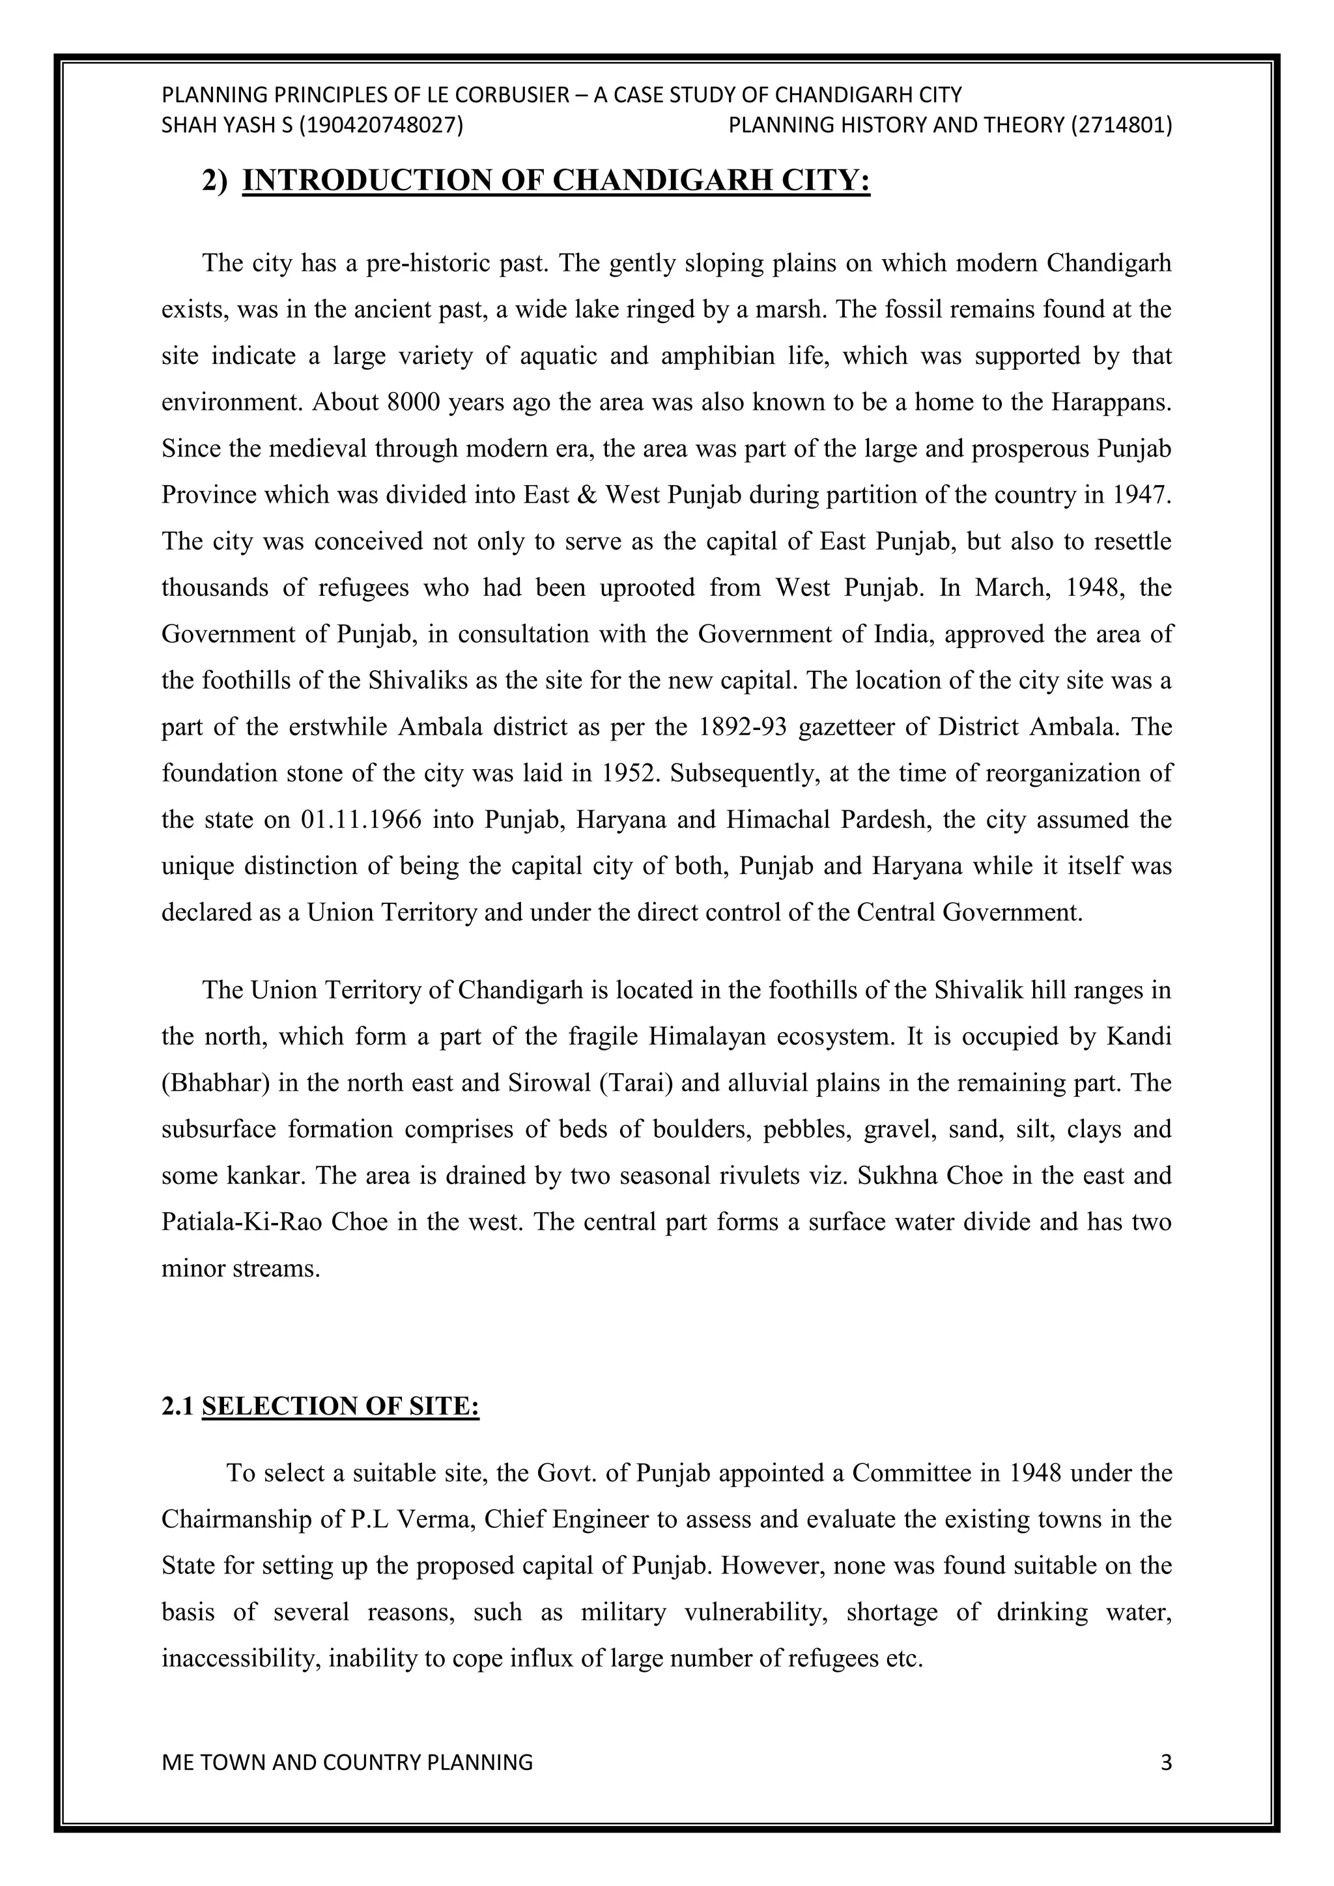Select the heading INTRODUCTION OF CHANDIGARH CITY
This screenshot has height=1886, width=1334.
point(556,180)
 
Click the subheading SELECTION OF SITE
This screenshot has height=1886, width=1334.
point(340,1406)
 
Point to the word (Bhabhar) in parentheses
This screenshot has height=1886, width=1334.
point(216,1082)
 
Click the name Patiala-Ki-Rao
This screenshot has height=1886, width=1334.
point(242,1222)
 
